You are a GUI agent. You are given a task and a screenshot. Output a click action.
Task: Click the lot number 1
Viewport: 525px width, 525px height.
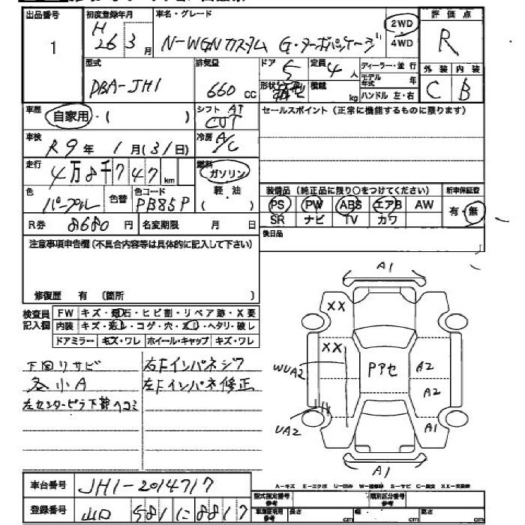(52, 48)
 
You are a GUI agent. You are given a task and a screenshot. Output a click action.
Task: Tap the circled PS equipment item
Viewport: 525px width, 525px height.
(277, 205)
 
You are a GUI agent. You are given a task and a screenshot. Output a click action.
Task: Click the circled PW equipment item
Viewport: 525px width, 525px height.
(313, 205)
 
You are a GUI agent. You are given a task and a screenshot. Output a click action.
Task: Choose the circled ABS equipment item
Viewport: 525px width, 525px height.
(349, 205)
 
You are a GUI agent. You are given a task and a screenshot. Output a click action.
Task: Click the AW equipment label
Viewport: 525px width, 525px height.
(424, 204)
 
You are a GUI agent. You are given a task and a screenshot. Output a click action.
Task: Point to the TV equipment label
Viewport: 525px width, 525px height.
(350, 220)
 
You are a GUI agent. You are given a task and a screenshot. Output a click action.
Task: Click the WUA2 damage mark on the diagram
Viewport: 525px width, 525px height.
(288, 368)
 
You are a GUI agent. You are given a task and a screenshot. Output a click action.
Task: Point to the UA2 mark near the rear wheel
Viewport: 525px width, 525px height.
(287, 431)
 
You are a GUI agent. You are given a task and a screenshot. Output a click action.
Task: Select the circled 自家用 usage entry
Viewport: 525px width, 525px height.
(67, 116)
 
